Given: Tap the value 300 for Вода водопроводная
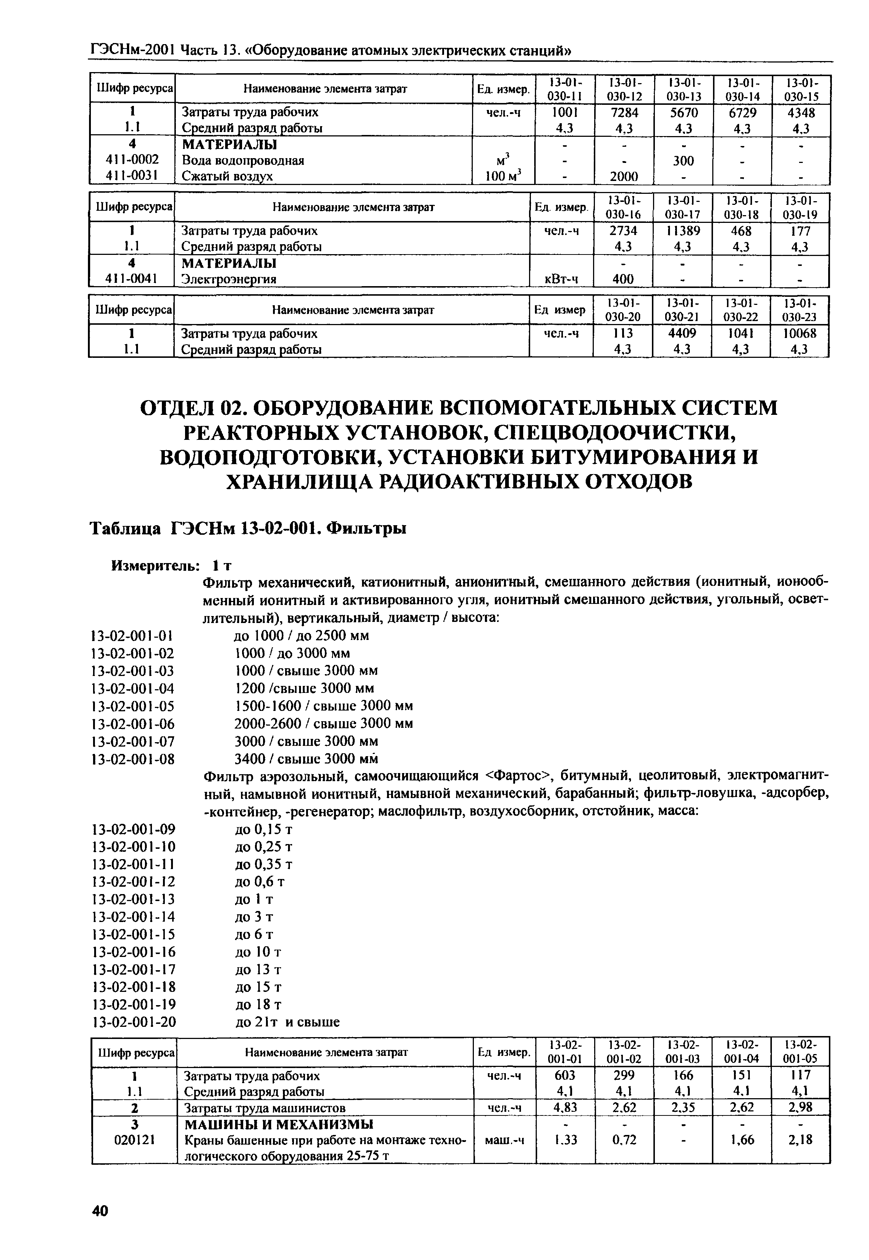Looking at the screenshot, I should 683,161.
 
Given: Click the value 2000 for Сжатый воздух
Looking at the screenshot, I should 624,176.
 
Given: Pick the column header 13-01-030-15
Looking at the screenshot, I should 801,89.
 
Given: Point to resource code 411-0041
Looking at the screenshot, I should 132,279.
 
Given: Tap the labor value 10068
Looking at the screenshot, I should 800,333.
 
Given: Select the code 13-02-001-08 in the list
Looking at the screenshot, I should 134,759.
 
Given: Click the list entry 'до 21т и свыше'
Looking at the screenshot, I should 287,1022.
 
